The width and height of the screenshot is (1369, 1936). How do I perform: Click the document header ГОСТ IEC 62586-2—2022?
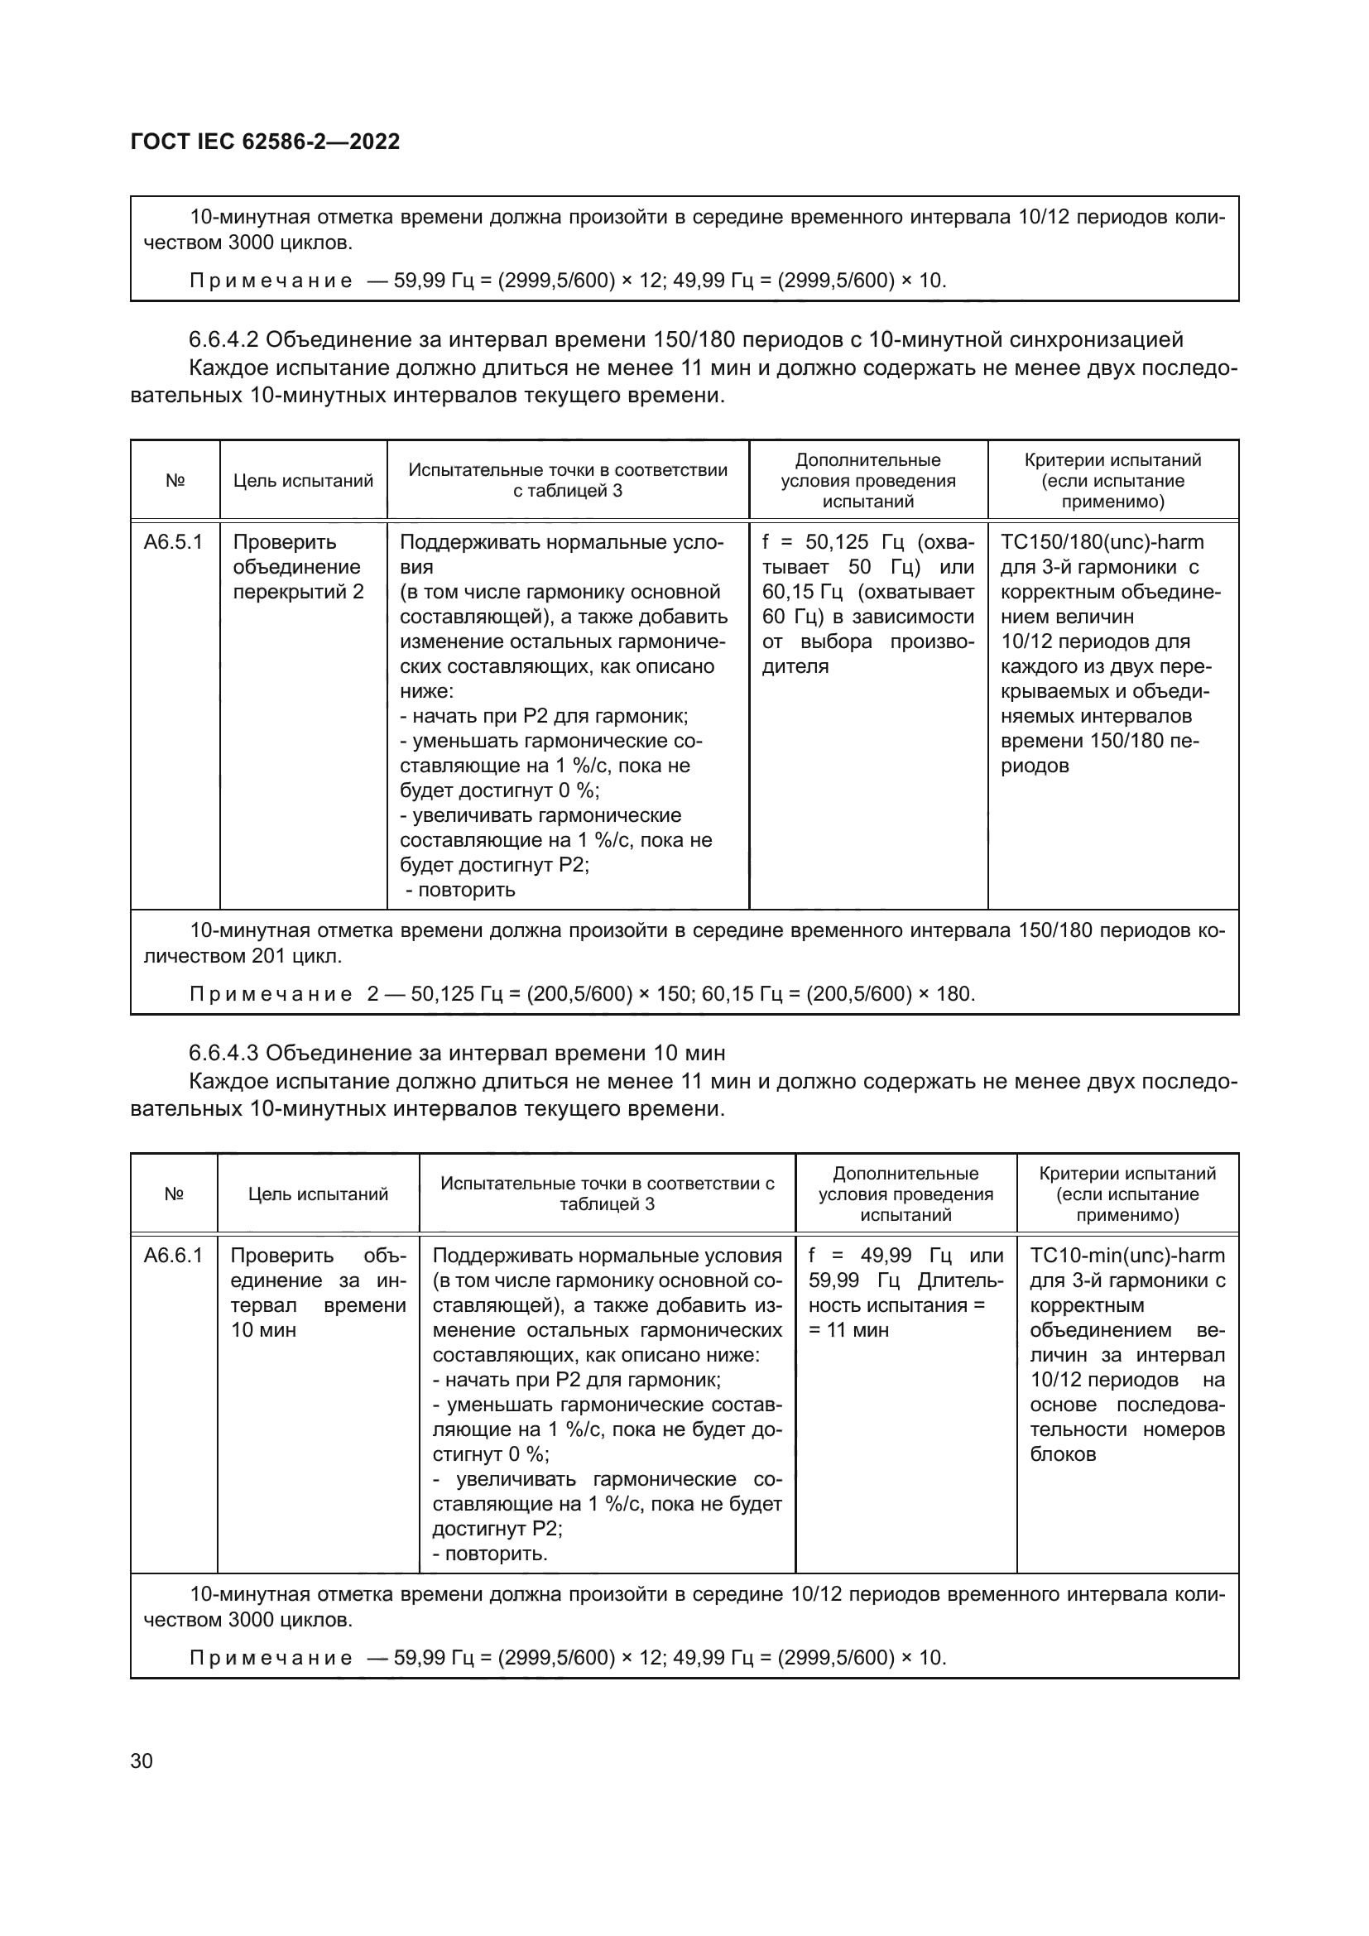pyautogui.click(x=265, y=142)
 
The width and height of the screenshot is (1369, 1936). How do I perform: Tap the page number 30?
pyautogui.click(x=142, y=1761)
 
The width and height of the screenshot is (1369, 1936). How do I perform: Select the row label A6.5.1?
pyautogui.click(x=173, y=542)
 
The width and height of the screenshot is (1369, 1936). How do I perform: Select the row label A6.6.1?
pyautogui.click(x=173, y=1256)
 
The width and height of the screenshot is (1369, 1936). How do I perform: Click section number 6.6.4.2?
pyautogui.click(x=223, y=340)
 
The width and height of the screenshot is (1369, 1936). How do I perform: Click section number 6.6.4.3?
pyautogui.click(x=223, y=1053)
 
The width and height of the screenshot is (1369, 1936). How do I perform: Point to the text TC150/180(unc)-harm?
pyautogui.click(x=1102, y=542)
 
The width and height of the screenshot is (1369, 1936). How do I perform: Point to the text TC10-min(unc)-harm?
pyautogui.click(x=1127, y=1256)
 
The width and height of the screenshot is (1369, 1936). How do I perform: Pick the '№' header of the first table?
pyautogui.click(x=175, y=482)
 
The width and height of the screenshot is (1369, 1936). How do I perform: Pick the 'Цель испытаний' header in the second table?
pyautogui.click(x=318, y=1194)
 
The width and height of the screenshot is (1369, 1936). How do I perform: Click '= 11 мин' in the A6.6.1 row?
pyautogui.click(x=848, y=1330)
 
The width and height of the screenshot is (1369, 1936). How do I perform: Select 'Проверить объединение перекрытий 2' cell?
pyautogui.click(x=299, y=567)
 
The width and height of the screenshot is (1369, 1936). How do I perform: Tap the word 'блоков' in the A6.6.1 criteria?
pyautogui.click(x=1062, y=1453)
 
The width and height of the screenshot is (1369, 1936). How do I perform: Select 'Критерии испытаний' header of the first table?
pyautogui.click(x=1112, y=460)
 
